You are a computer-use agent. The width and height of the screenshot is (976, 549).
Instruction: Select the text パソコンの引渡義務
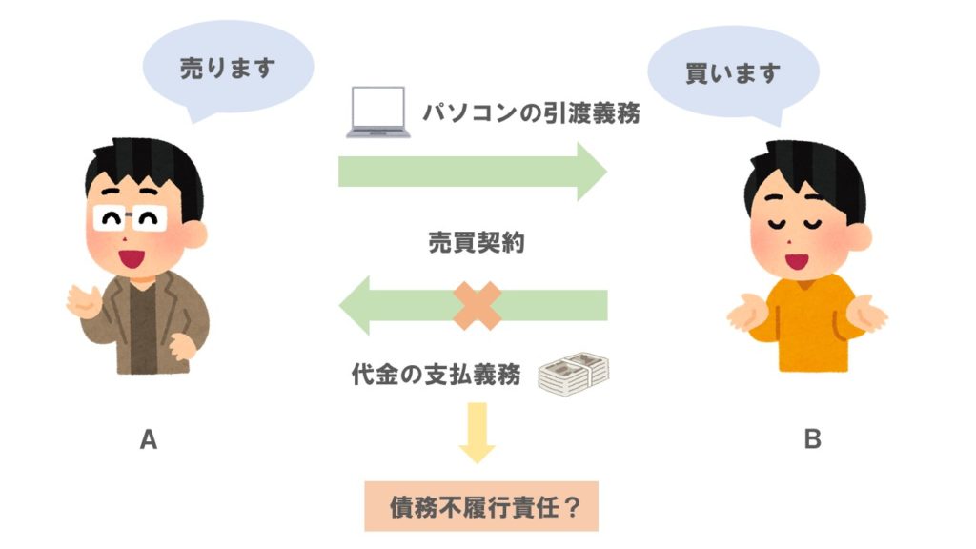(x=531, y=113)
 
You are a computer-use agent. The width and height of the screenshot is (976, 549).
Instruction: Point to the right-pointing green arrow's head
(x=590, y=172)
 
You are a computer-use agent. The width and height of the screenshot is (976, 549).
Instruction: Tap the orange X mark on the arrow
(x=478, y=305)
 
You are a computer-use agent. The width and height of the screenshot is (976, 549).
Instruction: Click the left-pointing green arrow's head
(x=356, y=305)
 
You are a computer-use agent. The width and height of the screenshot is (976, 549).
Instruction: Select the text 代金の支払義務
(x=437, y=375)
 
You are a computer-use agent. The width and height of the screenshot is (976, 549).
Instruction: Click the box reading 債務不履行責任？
(x=481, y=506)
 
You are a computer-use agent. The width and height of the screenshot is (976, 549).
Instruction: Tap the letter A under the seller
(x=149, y=439)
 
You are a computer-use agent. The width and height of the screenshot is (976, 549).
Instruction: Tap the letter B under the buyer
(x=812, y=439)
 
